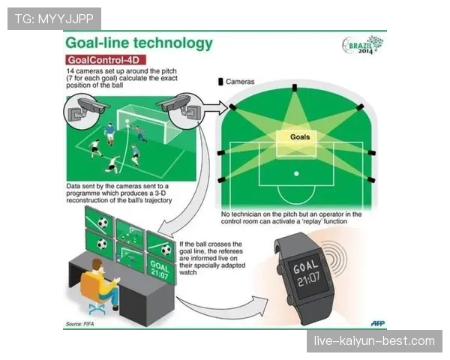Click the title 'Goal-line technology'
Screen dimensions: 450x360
[x=139, y=43]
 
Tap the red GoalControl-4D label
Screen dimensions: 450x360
[x=106, y=60]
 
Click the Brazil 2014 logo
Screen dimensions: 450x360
[x=363, y=45]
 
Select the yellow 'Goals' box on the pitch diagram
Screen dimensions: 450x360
[x=296, y=143]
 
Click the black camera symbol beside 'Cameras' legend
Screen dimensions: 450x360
[x=220, y=82]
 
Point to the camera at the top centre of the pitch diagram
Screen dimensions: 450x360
[x=295, y=88]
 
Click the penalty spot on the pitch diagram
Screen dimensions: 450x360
[x=296, y=174]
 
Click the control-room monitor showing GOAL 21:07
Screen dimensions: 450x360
[x=160, y=270]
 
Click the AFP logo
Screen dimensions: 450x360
[x=378, y=323]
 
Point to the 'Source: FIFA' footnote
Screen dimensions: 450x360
[x=79, y=324]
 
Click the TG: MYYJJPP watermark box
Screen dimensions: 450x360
[x=54, y=19]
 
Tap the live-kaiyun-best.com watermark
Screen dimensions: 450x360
[x=374, y=341]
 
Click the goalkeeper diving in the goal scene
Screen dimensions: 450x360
[x=140, y=133]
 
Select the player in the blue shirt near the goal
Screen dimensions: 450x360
[x=109, y=133]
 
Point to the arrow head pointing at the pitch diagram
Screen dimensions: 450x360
[x=223, y=108]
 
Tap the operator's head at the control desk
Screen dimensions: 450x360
[x=97, y=265]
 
